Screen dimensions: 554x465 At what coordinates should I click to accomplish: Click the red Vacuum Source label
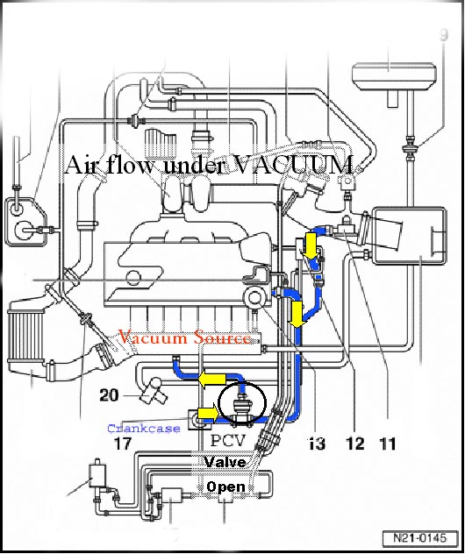(x=186, y=337)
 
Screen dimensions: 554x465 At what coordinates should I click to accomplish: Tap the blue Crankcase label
(x=143, y=429)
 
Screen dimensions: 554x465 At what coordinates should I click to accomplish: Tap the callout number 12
(x=354, y=444)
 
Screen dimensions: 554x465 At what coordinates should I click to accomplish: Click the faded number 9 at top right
(x=444, y=36)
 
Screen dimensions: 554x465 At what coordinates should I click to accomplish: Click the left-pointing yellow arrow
(x=208, y=378)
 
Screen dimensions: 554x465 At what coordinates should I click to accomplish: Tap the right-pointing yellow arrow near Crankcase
(x=208, y=413)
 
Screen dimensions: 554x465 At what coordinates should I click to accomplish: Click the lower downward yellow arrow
(x=297, y=312)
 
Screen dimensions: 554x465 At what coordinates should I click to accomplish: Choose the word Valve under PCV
(x=226, y=462)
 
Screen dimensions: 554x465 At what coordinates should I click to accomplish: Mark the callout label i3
(x=318, y=444)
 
